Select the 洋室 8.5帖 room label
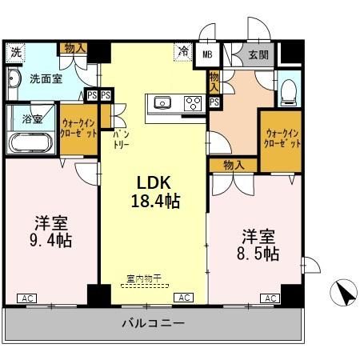[x=257, y=245]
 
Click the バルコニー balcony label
[x=154, y=324]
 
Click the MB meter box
[x=206, y=54]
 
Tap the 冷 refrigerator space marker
[x=183, y=52]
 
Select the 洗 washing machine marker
[x=15, y=53]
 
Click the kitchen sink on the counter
[x=162, y=102]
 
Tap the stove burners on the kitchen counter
[x=193, y=102]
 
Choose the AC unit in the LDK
[x=183, y=298]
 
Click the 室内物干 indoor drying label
[x=144, y=278]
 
